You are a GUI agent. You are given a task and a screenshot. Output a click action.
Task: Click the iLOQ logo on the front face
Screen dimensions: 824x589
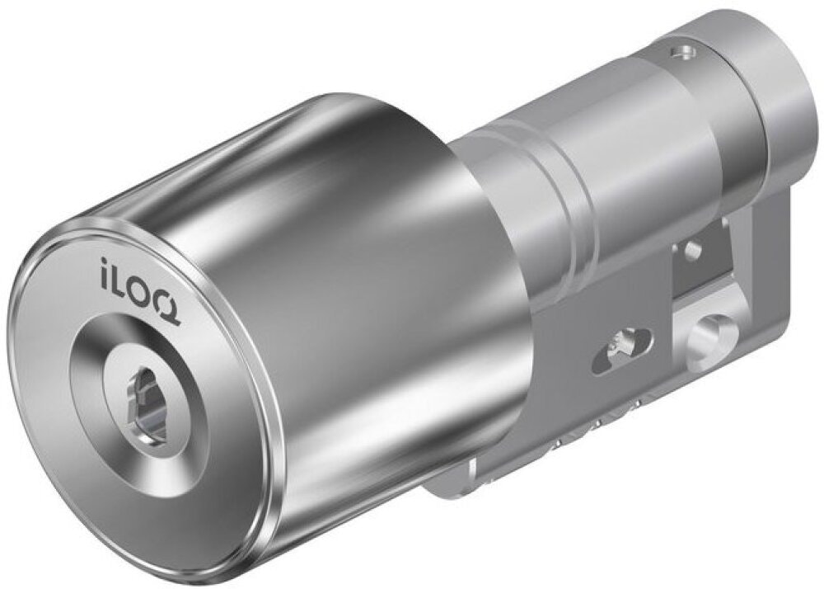pyautogui.click(x=140, y=291)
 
